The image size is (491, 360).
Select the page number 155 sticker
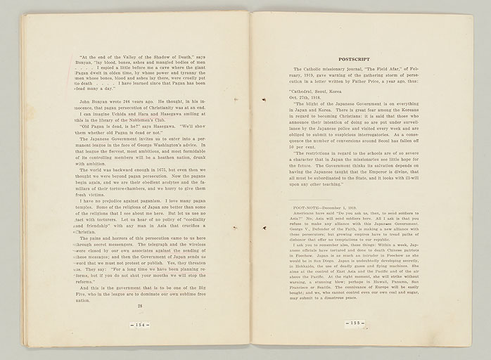click(x=355, y=323)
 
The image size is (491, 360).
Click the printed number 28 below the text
click(x=140, y=306)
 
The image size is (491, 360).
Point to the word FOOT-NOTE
click(x=309, y=208)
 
